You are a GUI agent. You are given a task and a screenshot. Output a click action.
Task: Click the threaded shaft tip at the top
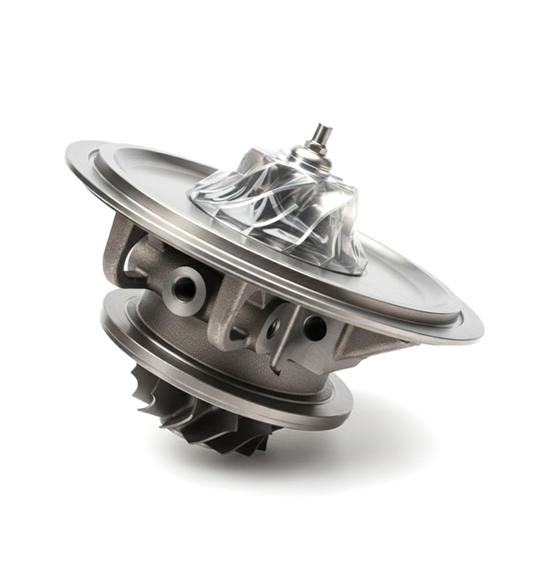pyautogui.click(x=323, y=135)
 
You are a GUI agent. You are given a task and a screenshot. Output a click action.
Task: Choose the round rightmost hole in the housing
pyautogui.click(x=314, y=328)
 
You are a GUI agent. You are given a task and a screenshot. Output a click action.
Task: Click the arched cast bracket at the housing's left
pyautogui.click(x=119, y=251)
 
